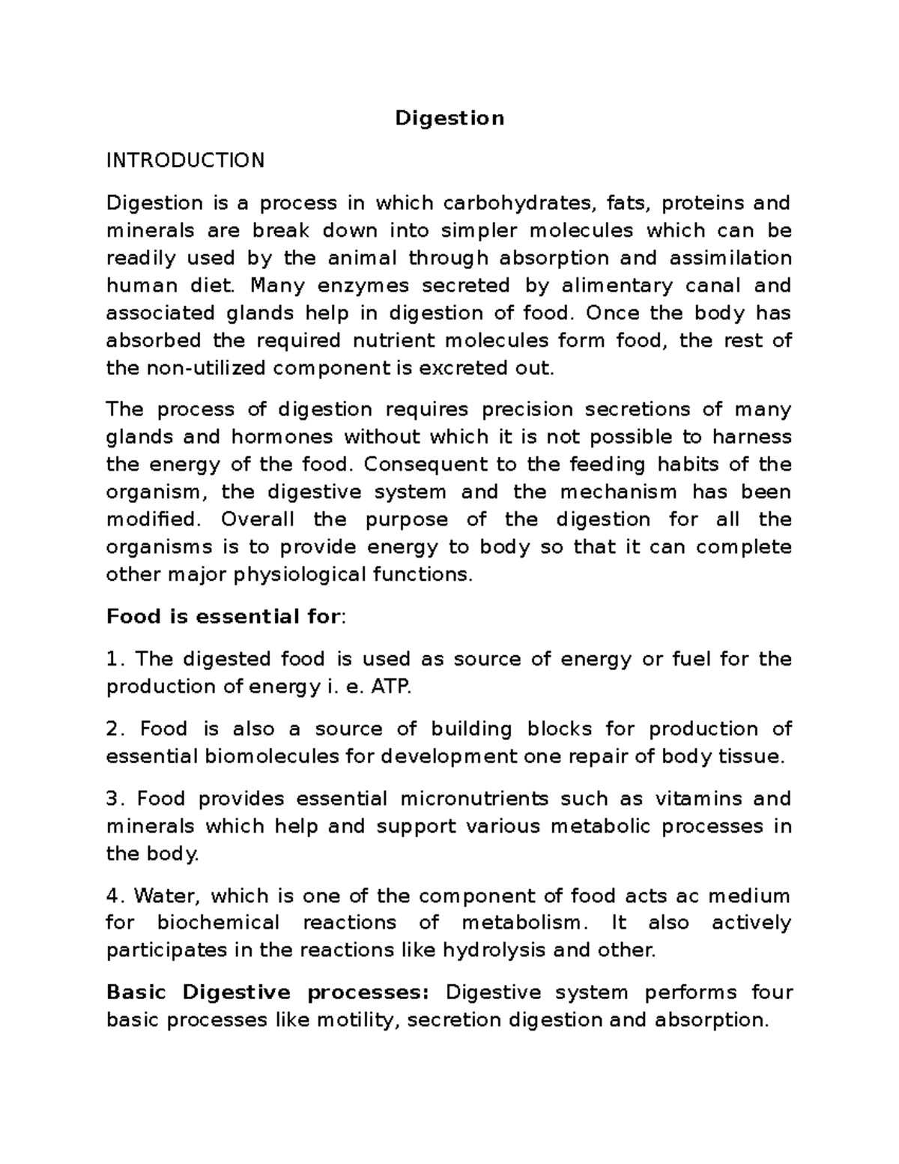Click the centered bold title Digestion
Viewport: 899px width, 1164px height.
point(449,118)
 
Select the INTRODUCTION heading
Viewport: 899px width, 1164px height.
point(185,160)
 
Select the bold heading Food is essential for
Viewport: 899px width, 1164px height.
point(223,617)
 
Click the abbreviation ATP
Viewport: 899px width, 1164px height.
point(391,687)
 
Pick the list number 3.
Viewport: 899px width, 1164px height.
point(114,799)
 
